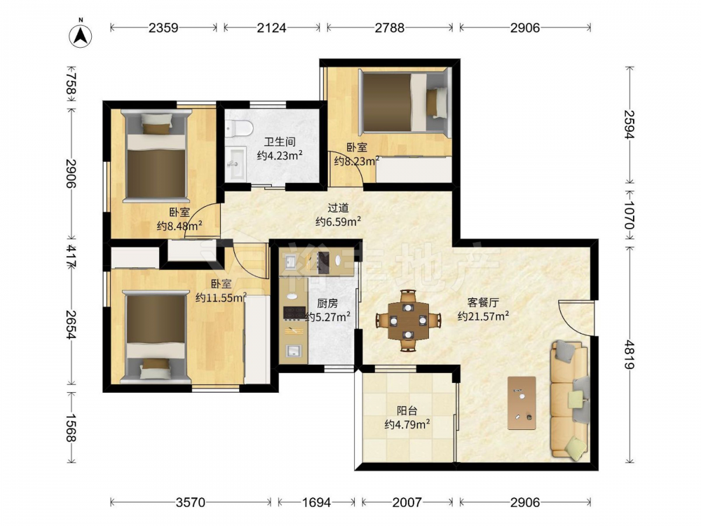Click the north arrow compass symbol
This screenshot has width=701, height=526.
coord(81,35)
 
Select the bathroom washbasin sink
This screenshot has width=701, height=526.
coord(235,163)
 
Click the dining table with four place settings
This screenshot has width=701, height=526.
coord(408,321)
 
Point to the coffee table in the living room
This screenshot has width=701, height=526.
coord(522,403)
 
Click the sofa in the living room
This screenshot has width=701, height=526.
coord(569,399)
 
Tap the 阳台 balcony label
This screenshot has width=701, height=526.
coord(407,410)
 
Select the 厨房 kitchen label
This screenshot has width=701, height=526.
coord(327,304)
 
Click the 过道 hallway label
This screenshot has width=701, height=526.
coord(338,208)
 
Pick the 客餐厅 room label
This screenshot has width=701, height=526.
coord(483,303)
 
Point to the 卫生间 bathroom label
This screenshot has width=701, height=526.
coord(280,142)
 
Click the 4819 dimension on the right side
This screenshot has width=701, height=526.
coord(629,355)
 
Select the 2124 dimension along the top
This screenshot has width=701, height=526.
coord(271,28)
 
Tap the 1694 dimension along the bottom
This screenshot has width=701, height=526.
coord(317,502)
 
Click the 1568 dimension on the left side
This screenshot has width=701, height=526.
coord(71,428)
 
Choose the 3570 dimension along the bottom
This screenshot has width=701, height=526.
coord(191,502)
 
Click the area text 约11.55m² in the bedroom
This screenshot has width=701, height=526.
coord(222,297)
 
